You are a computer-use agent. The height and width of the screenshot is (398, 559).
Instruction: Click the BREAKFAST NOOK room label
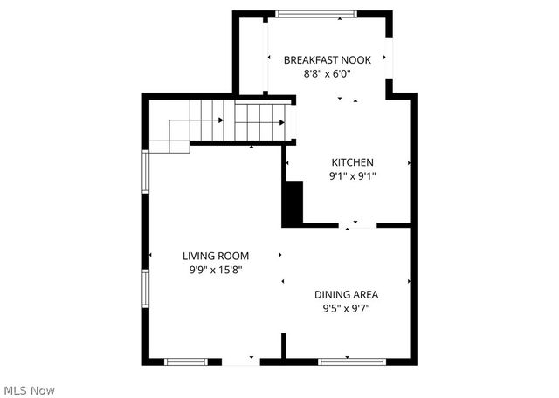click(x=328, y=59)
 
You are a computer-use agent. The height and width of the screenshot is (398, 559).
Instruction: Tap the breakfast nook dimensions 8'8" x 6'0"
click(x=328, y=74)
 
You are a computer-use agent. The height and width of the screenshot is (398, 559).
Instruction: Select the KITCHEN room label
click(x=352, y=161)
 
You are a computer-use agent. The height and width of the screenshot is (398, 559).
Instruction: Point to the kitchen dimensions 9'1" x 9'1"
click(x=352, y=175)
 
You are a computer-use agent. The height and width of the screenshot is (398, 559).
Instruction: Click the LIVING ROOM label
click(x=216, y=256)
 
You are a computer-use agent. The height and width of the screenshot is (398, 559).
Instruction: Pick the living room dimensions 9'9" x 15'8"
click(x=216, y=270)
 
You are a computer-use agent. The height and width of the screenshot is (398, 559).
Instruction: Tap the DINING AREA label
click(x=347, y=294)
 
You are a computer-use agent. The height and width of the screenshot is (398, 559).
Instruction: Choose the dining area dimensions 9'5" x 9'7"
click(x=347, y=308)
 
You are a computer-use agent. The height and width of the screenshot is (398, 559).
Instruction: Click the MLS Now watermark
click(x=28, y=388)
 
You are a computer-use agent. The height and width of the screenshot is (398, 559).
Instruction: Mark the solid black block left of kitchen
click(x=293, y=203)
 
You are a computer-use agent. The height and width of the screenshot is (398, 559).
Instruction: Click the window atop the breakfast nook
click(x=316, y=13)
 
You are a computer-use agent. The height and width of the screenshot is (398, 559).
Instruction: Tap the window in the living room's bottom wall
click(x=186, y=360)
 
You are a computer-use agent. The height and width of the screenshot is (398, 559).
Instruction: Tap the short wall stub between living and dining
click(x=283, y=345)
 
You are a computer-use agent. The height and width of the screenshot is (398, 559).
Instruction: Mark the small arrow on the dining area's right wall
click(x=410, y=281)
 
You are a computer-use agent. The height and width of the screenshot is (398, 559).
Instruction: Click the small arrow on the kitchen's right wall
click(x=410, y=162)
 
